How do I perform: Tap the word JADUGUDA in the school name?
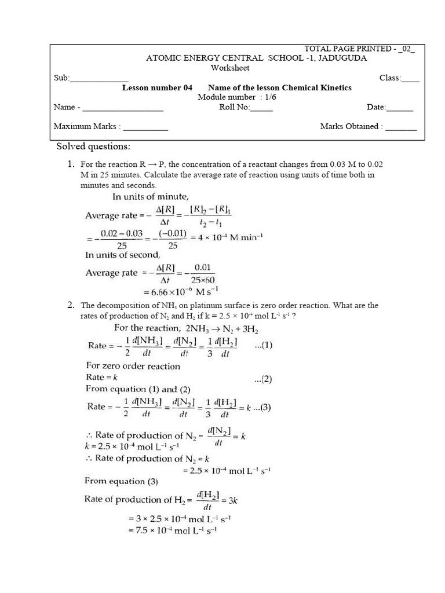341,58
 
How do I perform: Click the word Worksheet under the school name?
229,68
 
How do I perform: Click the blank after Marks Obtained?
401,127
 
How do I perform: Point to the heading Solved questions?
93,146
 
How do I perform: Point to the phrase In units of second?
122,255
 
